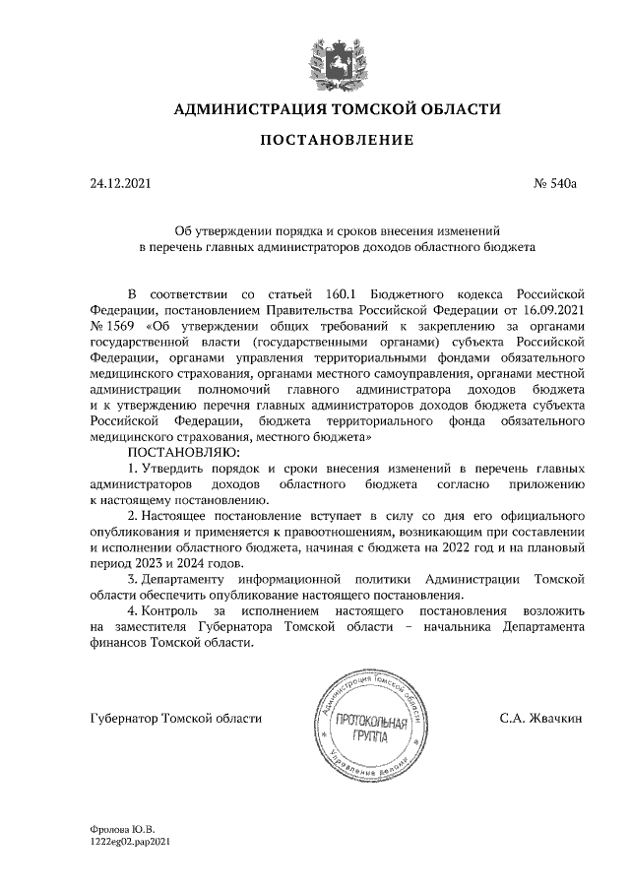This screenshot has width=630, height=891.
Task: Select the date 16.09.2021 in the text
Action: tap(553, 309)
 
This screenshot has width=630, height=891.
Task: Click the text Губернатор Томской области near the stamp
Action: tap(175, 719)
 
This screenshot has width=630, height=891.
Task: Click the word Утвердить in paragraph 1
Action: tap(175, 468)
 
